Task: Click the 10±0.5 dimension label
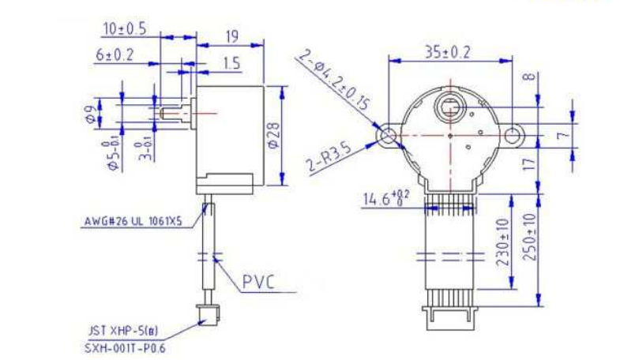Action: (125, 29)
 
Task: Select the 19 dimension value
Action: (232, 37)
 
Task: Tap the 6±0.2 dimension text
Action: (115, 54)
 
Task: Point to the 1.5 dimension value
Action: (231, 63)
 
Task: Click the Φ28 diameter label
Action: (273, 135)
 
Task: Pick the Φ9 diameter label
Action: (91, 114)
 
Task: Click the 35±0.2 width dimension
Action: (448, 52)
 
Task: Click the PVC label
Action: (258, 282)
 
